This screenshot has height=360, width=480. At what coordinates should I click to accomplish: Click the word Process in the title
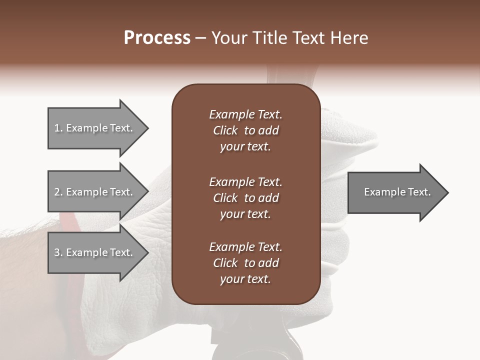(x=157, y=38)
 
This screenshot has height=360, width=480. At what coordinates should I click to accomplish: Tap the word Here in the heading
(x=348, y=38)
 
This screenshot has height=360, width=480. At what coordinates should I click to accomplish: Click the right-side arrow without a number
(x=395, y=192)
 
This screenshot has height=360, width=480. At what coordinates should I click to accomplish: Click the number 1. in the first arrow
(x=58, y=128)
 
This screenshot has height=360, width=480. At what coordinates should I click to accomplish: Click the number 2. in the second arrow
(x=58, y=192)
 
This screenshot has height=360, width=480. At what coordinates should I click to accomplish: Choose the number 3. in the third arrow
(x=58, y=252)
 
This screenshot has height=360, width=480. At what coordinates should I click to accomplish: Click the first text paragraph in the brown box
(x=245, y=130)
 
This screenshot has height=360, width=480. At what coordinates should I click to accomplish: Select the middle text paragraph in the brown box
(x=245, y=198)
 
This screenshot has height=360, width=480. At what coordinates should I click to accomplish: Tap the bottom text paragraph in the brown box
(x=245, y=263)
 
